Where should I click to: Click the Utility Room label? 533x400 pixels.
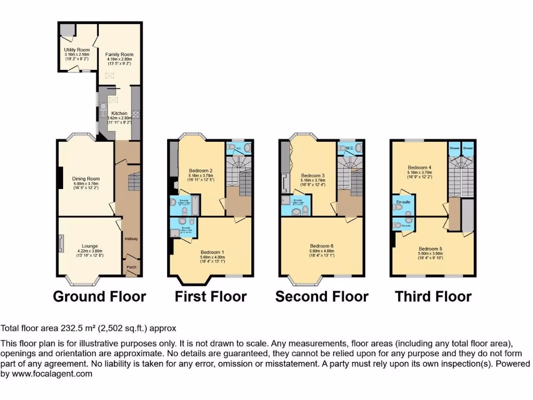point(70,50)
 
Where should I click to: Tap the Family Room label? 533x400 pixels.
point(119,54)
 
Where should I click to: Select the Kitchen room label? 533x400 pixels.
point(119,113)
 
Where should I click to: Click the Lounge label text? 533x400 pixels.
point(90,246)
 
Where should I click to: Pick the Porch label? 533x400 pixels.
point(131,267)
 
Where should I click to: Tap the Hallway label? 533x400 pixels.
point(131,239)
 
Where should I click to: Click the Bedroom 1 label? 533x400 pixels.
point(212,252)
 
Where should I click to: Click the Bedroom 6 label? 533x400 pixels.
point(322,246)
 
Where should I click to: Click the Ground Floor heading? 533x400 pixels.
point(99,297)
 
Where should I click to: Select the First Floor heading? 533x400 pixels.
point(210,297)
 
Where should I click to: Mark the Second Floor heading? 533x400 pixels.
point(322,297)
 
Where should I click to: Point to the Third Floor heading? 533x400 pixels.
point(433,297)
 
